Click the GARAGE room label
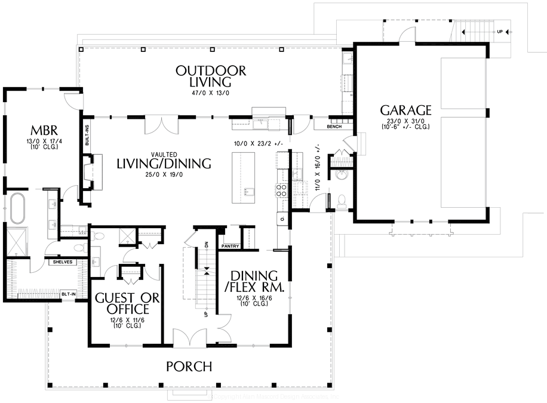click(405, 110)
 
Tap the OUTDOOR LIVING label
click(210, 76)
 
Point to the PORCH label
click(189, 365)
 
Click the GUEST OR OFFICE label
click(128, 303)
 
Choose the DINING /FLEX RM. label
click(254, 281)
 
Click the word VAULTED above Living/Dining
click(163, 153)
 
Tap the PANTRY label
click(230, 245)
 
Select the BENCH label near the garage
click(334, 127)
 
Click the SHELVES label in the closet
click(63, 262)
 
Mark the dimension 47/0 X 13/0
click(210, 93)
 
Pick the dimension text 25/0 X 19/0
click(164, 175)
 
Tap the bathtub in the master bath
click(21, 209)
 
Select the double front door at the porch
click(189, 339)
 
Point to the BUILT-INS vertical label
click(87, 136)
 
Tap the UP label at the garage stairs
click(499, 32)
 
